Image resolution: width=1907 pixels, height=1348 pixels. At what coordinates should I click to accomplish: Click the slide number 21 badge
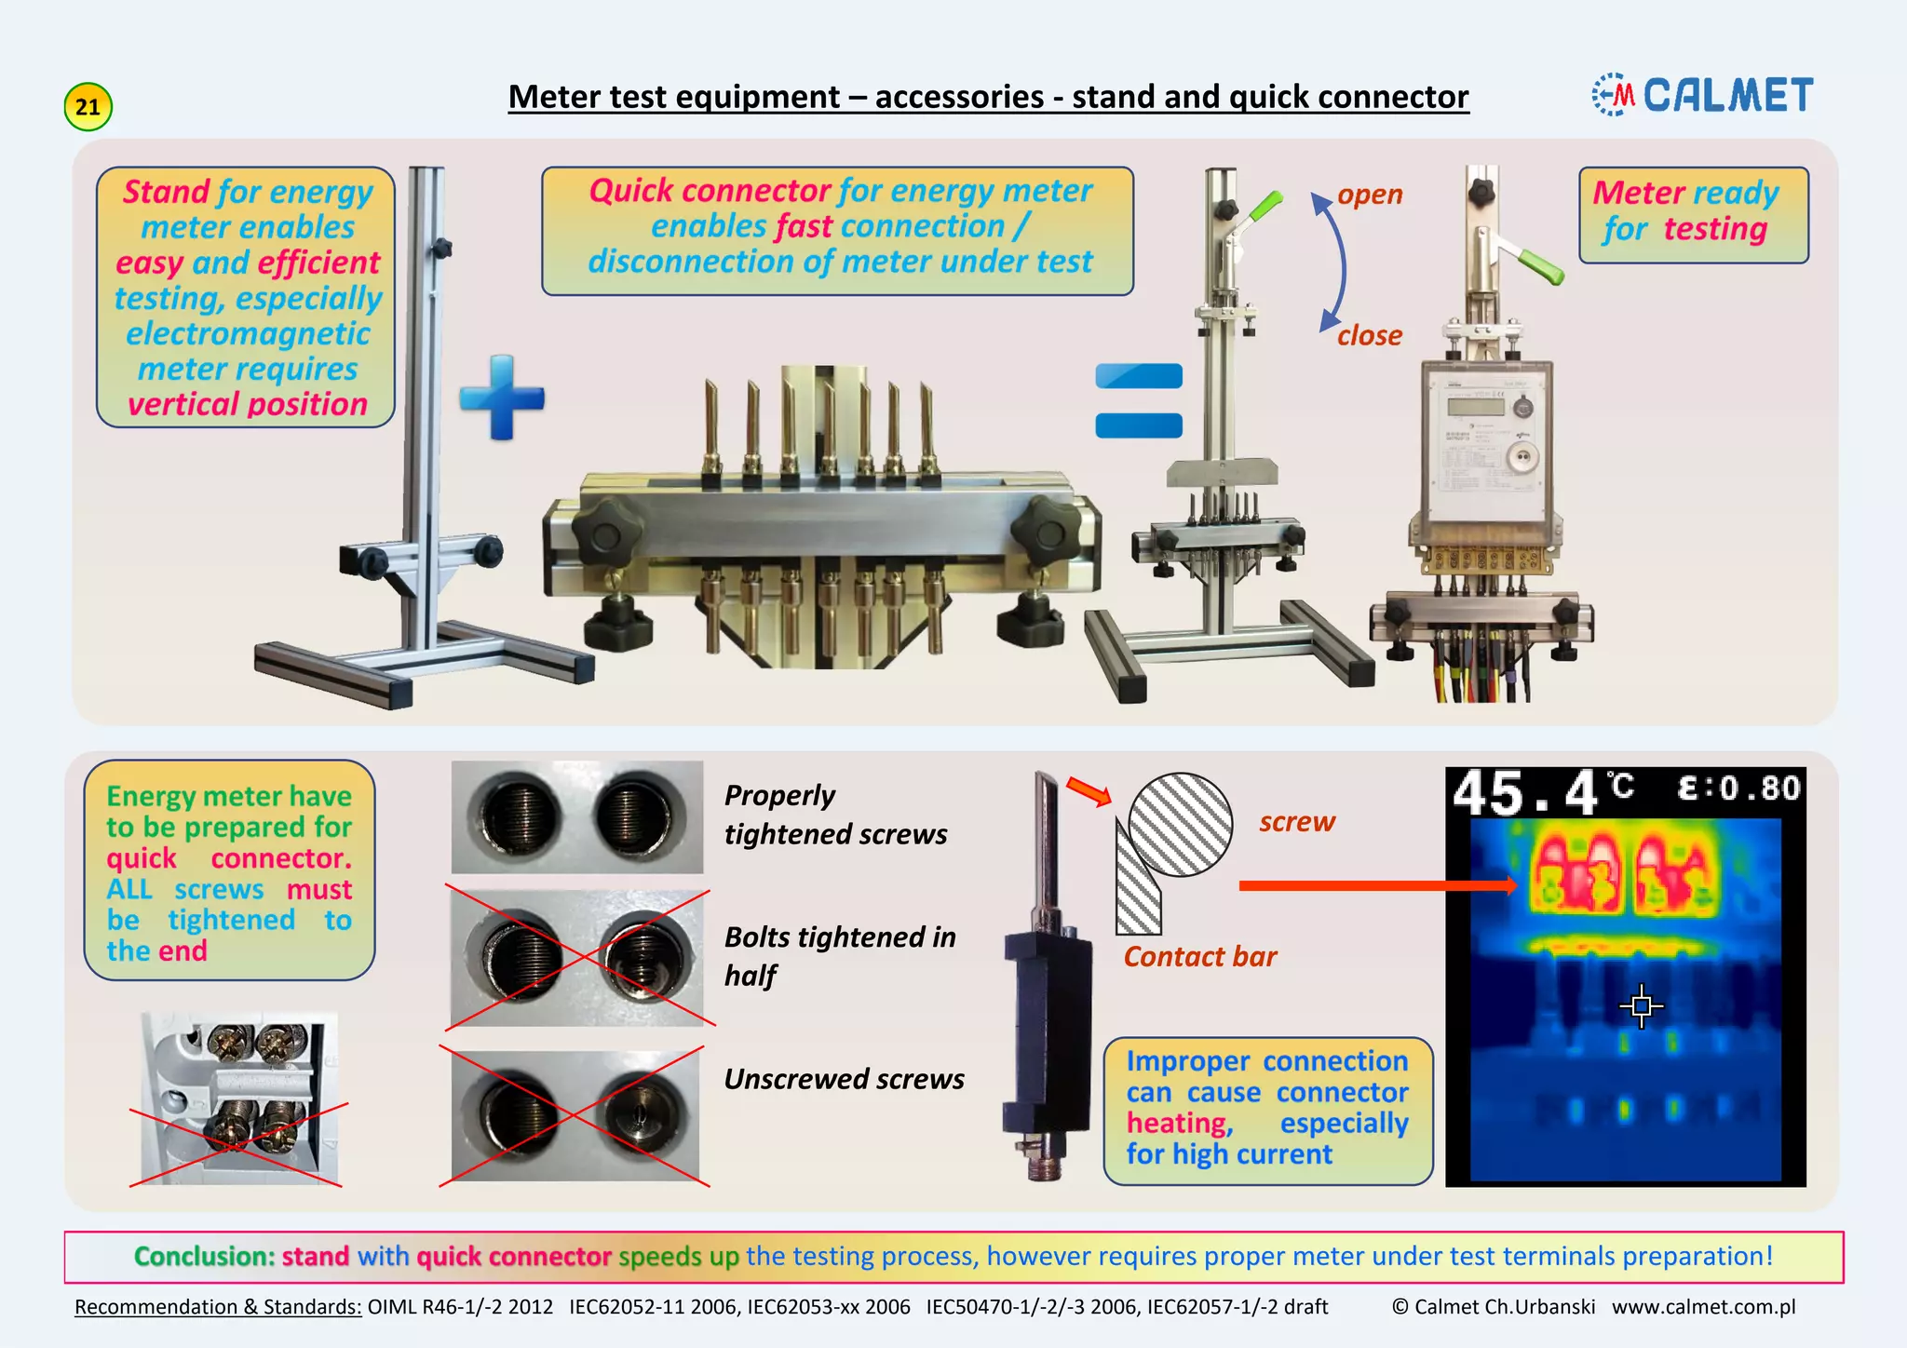click(x=88, y=107)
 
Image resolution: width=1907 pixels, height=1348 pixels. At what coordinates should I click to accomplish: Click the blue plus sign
click(x=502, y=398)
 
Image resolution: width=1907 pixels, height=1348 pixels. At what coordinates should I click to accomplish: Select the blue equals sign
click(x=1139, y=400)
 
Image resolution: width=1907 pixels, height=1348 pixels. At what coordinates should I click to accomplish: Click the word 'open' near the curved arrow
click(x=1370, y=195)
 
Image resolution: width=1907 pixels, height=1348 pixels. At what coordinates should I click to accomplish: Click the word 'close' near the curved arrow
click(x=1370, y=335)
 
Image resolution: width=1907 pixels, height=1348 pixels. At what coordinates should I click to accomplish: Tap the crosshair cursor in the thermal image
click(x=1642, y=1005)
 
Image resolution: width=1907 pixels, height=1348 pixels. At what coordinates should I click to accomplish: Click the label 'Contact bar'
click(x=1199, y=956)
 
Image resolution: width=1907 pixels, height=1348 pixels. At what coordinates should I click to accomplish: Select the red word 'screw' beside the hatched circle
click(x=1297, y=822)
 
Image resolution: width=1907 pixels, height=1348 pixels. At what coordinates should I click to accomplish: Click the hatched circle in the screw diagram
click(x=1180, y=825)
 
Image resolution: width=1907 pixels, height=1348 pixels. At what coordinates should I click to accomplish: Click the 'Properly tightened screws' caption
click(x=835, y=815)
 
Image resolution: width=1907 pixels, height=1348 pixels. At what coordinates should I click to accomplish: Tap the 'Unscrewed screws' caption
click(x=844, y=1079)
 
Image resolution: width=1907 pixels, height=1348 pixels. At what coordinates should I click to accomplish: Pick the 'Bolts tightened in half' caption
click(x=839, y=956)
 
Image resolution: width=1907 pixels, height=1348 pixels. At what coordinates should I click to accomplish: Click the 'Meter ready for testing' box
click(x=1693, y=214)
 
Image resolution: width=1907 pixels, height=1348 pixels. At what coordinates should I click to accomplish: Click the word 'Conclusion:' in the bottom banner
click(x=204, y=1257)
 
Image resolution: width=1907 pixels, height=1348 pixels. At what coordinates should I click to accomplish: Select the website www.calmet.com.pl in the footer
click(x=1703, y=1307)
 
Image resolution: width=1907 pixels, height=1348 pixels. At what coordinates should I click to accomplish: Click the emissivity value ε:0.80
click(x=1738, y=789)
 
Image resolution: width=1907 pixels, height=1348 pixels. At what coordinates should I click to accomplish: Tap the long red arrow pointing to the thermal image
click(x=1377, y=885)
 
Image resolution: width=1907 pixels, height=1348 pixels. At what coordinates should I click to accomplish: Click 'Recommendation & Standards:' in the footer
click(x=218, y=1307)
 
